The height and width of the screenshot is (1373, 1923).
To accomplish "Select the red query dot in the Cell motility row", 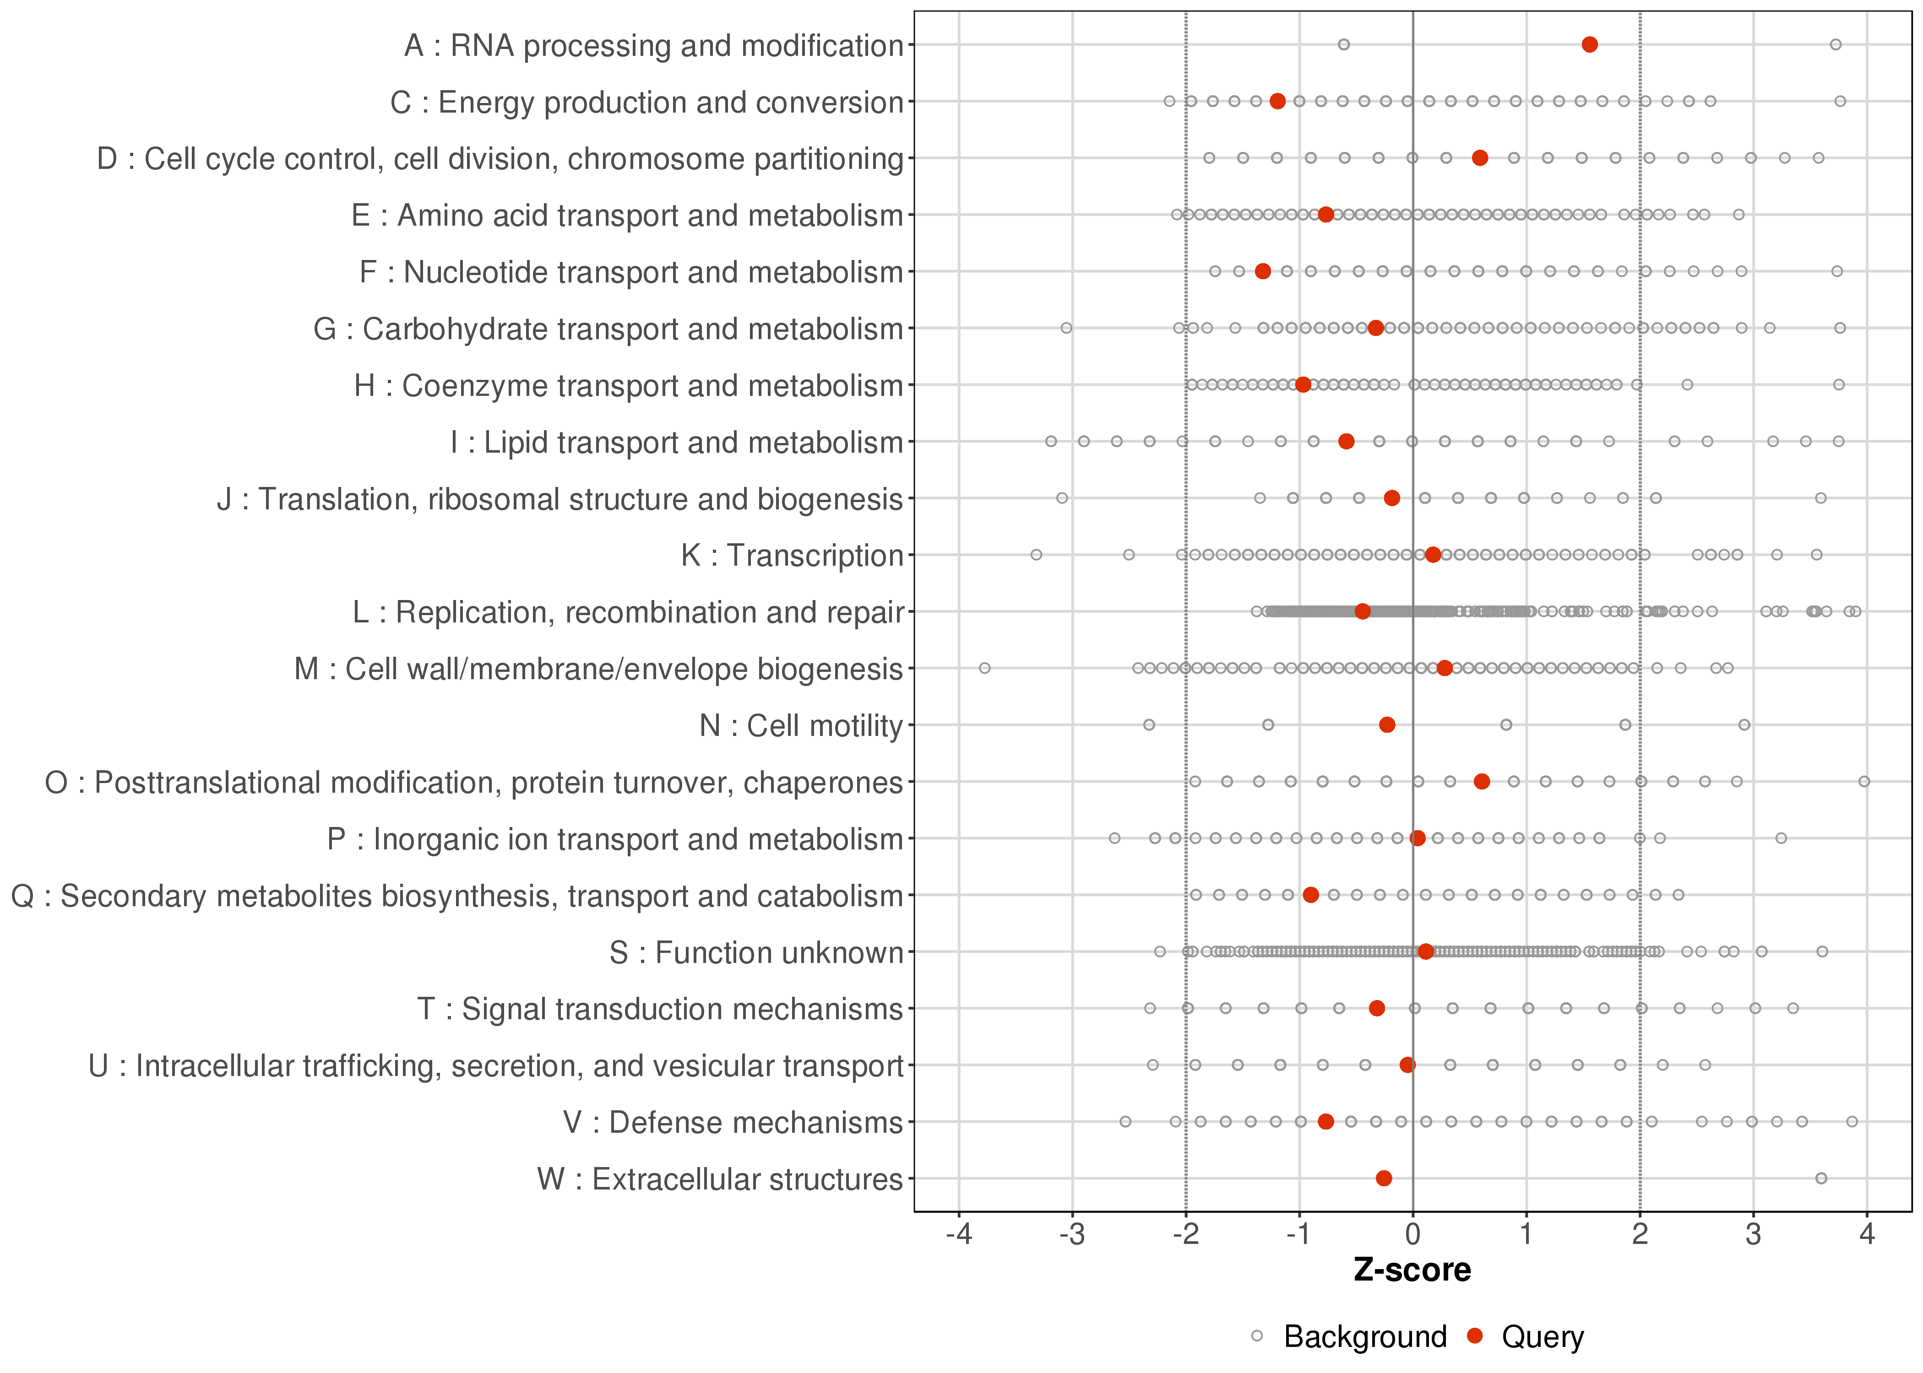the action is pos(1387,724).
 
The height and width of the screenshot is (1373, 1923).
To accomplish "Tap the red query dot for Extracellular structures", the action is pos(1384,1178).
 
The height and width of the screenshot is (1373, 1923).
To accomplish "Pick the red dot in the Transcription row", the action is pos(1433,555).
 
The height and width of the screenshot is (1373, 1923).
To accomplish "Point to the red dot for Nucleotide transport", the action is pos(1263,271).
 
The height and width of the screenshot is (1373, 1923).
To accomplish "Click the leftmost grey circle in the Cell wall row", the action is pos(984,668).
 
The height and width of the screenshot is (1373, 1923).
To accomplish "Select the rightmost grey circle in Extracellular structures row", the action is pos(1821,1178).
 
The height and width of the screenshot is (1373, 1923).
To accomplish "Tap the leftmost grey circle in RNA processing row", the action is pos(1344,45).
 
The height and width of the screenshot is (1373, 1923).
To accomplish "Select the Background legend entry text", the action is pos(1365,1337).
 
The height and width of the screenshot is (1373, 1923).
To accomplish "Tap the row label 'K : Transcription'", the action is pos(793,556).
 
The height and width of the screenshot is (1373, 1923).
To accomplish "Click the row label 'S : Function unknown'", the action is pos(756,953).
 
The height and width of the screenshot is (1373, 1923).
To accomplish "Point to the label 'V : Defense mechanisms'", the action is pos(733,1123).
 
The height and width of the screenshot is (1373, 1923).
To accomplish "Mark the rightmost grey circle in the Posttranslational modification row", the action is pos(1864,781).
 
